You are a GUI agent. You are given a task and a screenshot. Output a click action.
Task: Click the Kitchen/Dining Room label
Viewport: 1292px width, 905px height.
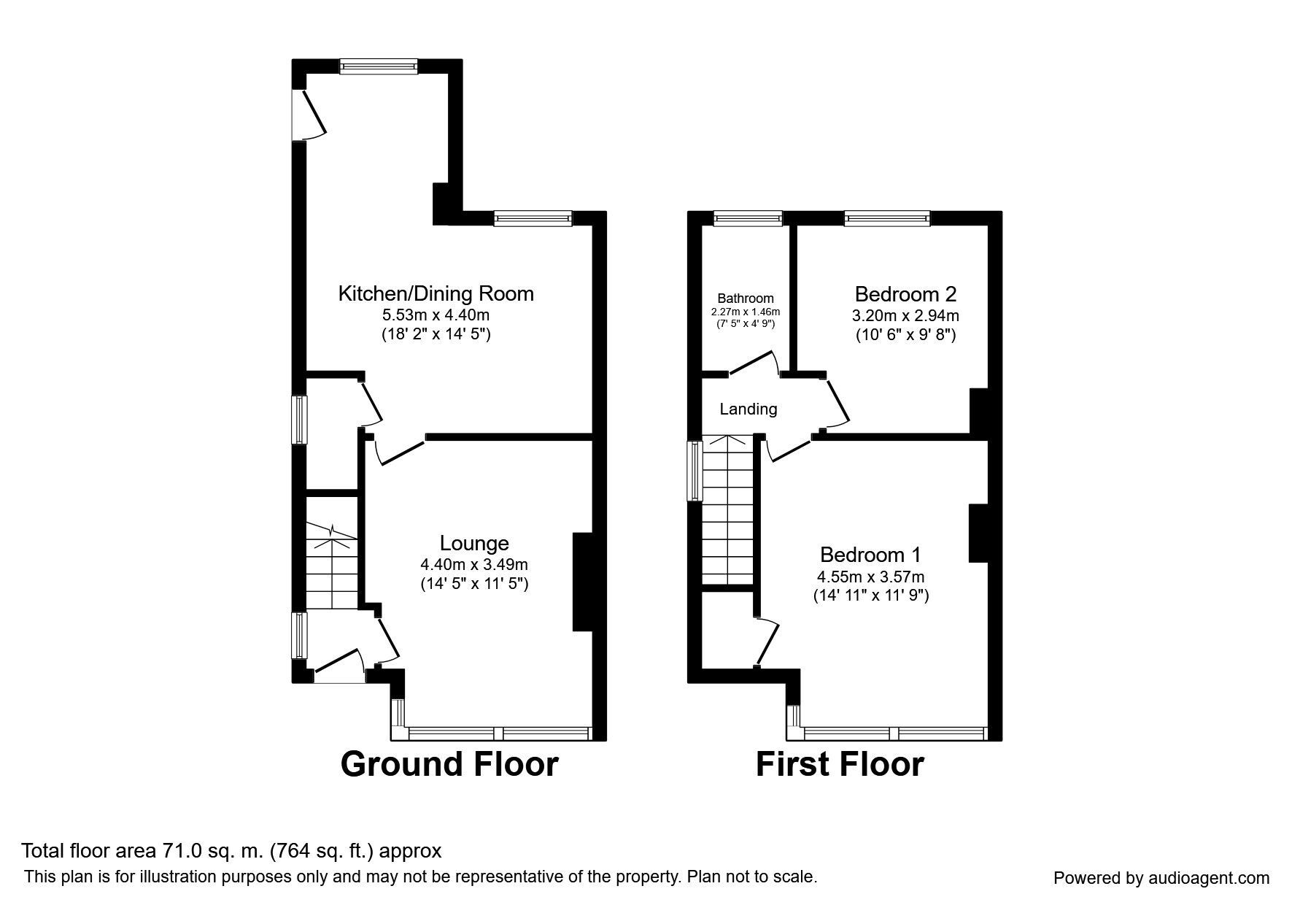(x=436, y=293)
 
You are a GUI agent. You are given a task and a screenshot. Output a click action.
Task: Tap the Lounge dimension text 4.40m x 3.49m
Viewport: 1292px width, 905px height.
(x=473, y=564)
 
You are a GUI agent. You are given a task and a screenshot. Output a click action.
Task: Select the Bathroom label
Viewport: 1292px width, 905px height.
(x=745, y=298)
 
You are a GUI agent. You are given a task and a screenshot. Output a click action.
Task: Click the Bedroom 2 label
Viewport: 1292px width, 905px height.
(x=905, y=294)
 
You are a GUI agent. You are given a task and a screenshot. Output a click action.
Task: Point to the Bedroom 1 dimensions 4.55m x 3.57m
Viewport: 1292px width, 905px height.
(x=870, y=577)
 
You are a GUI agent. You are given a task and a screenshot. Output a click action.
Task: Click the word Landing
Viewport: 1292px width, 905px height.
(x=748, y=409)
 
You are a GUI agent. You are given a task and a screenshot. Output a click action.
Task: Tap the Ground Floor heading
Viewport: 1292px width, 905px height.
(x=449, y=764)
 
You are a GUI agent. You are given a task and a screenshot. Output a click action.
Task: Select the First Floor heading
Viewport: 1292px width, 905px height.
(x=839, y=764)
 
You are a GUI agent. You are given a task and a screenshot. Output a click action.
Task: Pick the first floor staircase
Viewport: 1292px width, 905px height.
(x=727, y=511)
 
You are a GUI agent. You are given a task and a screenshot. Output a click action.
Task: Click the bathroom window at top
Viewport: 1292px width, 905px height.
(x=747, y=217)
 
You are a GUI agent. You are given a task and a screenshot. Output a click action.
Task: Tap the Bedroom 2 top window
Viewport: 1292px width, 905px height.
(x=887, y=217)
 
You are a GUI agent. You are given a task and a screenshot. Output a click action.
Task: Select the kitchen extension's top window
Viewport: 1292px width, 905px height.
(x=379, y=66)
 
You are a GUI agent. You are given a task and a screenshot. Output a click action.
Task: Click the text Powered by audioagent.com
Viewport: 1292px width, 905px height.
(x=1161, y=878)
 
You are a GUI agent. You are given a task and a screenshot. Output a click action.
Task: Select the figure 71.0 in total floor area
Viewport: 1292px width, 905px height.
(x=203, y=850)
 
